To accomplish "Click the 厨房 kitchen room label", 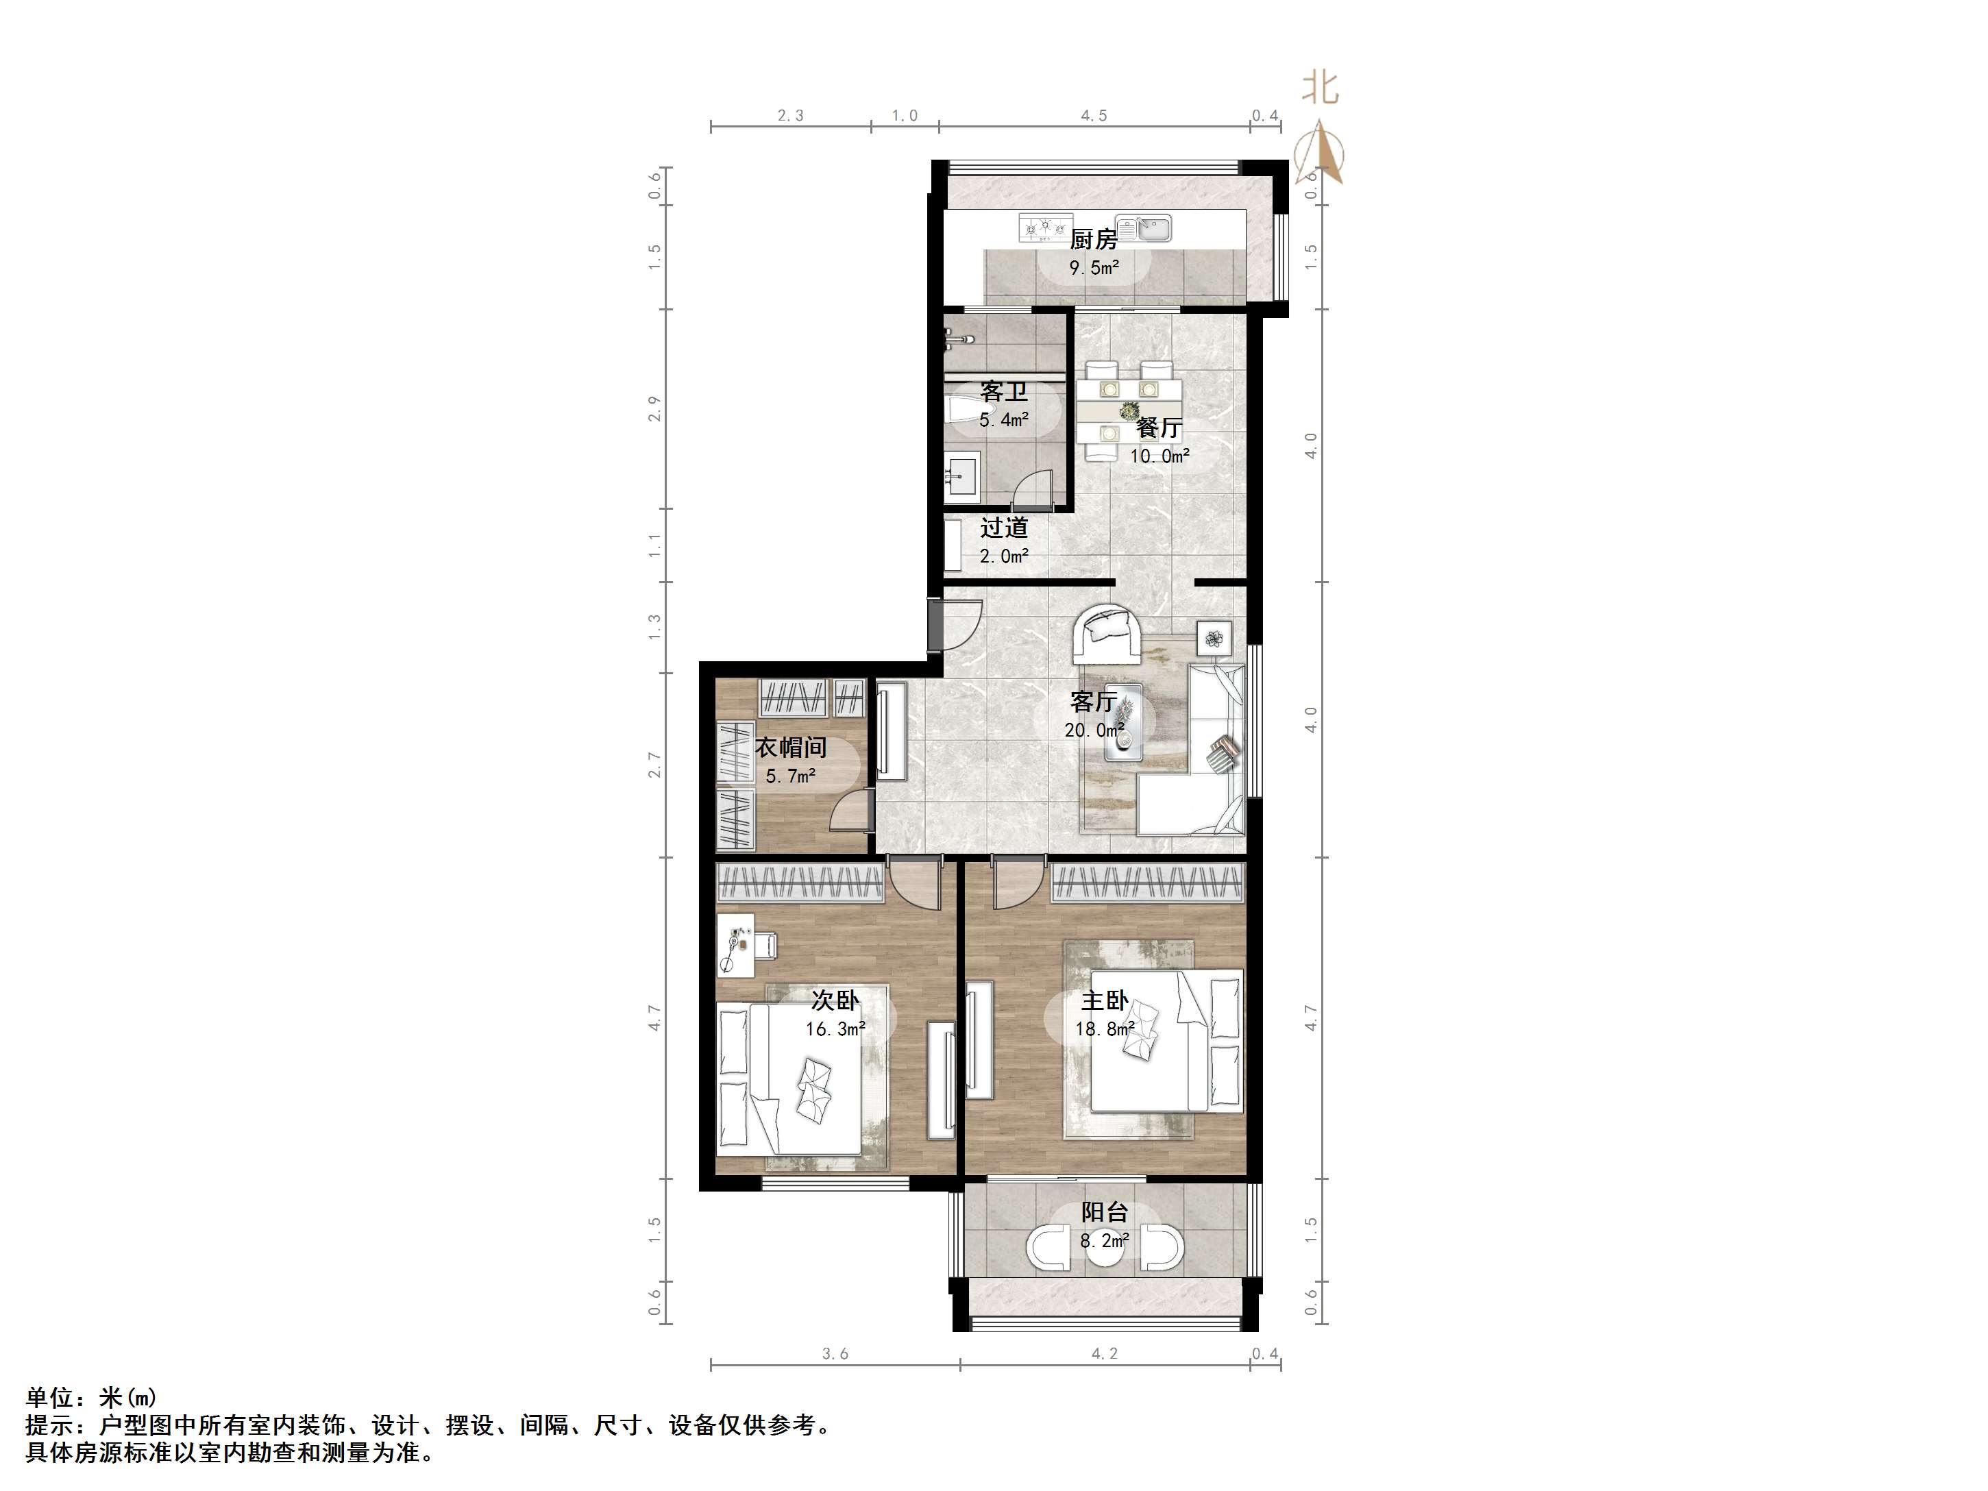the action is [1094, 239].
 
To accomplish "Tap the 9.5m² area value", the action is [1094, 267].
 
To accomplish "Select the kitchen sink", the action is [1143, 229].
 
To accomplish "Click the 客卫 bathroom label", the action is [1004, 392].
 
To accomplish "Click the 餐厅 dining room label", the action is [1159, 428].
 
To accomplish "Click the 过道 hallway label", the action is [1004, 528].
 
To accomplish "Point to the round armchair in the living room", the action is [1108, 634].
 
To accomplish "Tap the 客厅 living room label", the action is [1094, 702].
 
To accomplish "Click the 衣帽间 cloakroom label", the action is [791, 748].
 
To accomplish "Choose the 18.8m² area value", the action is [1105, 1029].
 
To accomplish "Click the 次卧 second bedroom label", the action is [835, 1000].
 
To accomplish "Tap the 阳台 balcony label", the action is [1105, 1212].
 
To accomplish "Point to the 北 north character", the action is [1321, 88].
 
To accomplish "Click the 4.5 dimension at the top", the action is [1094, 116].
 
